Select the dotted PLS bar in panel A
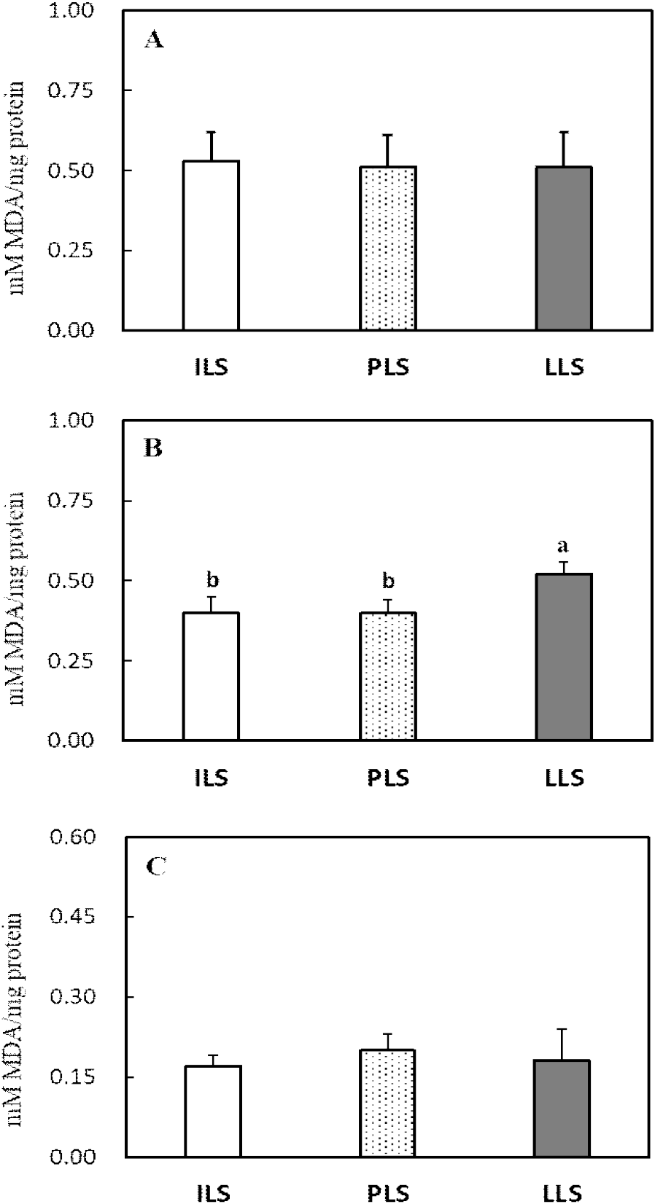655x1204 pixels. [387, 249]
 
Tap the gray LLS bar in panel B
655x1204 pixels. [564, 657]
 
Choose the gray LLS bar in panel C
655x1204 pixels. [562, 1108]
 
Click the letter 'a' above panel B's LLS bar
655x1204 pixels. [563, 546]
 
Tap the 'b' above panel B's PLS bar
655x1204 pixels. [388, 580]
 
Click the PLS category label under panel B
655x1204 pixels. [387, 778]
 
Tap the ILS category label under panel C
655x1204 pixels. [212, 1193]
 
